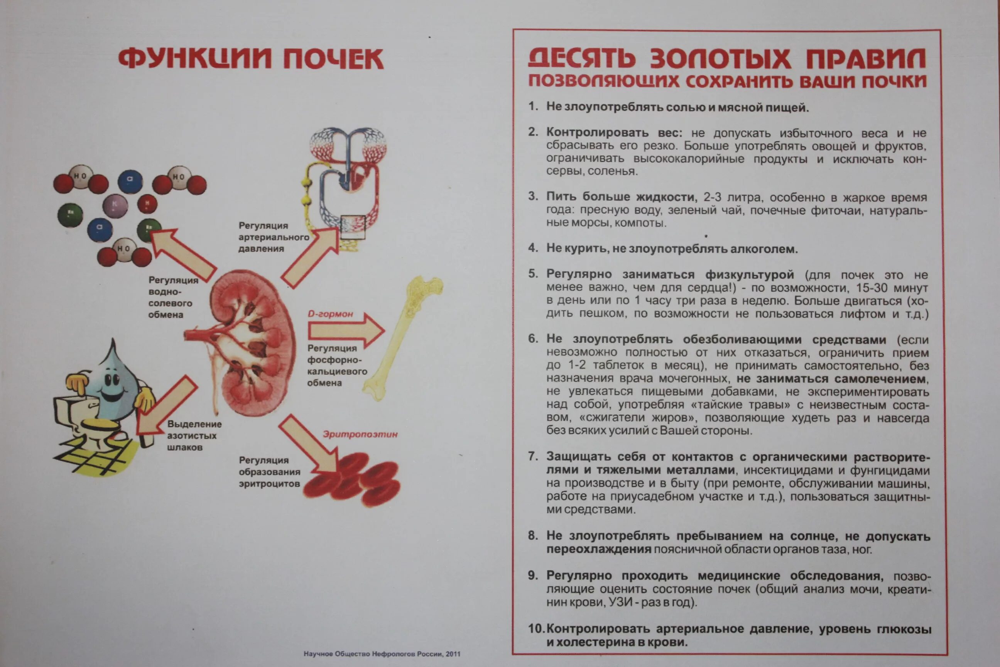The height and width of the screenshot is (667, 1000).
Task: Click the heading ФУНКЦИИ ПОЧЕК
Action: (251, 59)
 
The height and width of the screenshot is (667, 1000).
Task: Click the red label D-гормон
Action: (330, 314)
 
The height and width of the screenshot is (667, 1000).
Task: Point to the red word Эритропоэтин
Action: (360, 434)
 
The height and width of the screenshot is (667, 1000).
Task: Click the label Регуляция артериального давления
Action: (273, 237)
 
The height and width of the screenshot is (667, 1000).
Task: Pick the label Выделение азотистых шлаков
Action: (194, 435)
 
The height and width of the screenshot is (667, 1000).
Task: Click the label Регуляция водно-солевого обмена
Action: (172, 297)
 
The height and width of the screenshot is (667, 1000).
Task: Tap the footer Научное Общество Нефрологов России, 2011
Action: (382, 654)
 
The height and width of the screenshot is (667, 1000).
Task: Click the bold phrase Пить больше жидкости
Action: (621, 197)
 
